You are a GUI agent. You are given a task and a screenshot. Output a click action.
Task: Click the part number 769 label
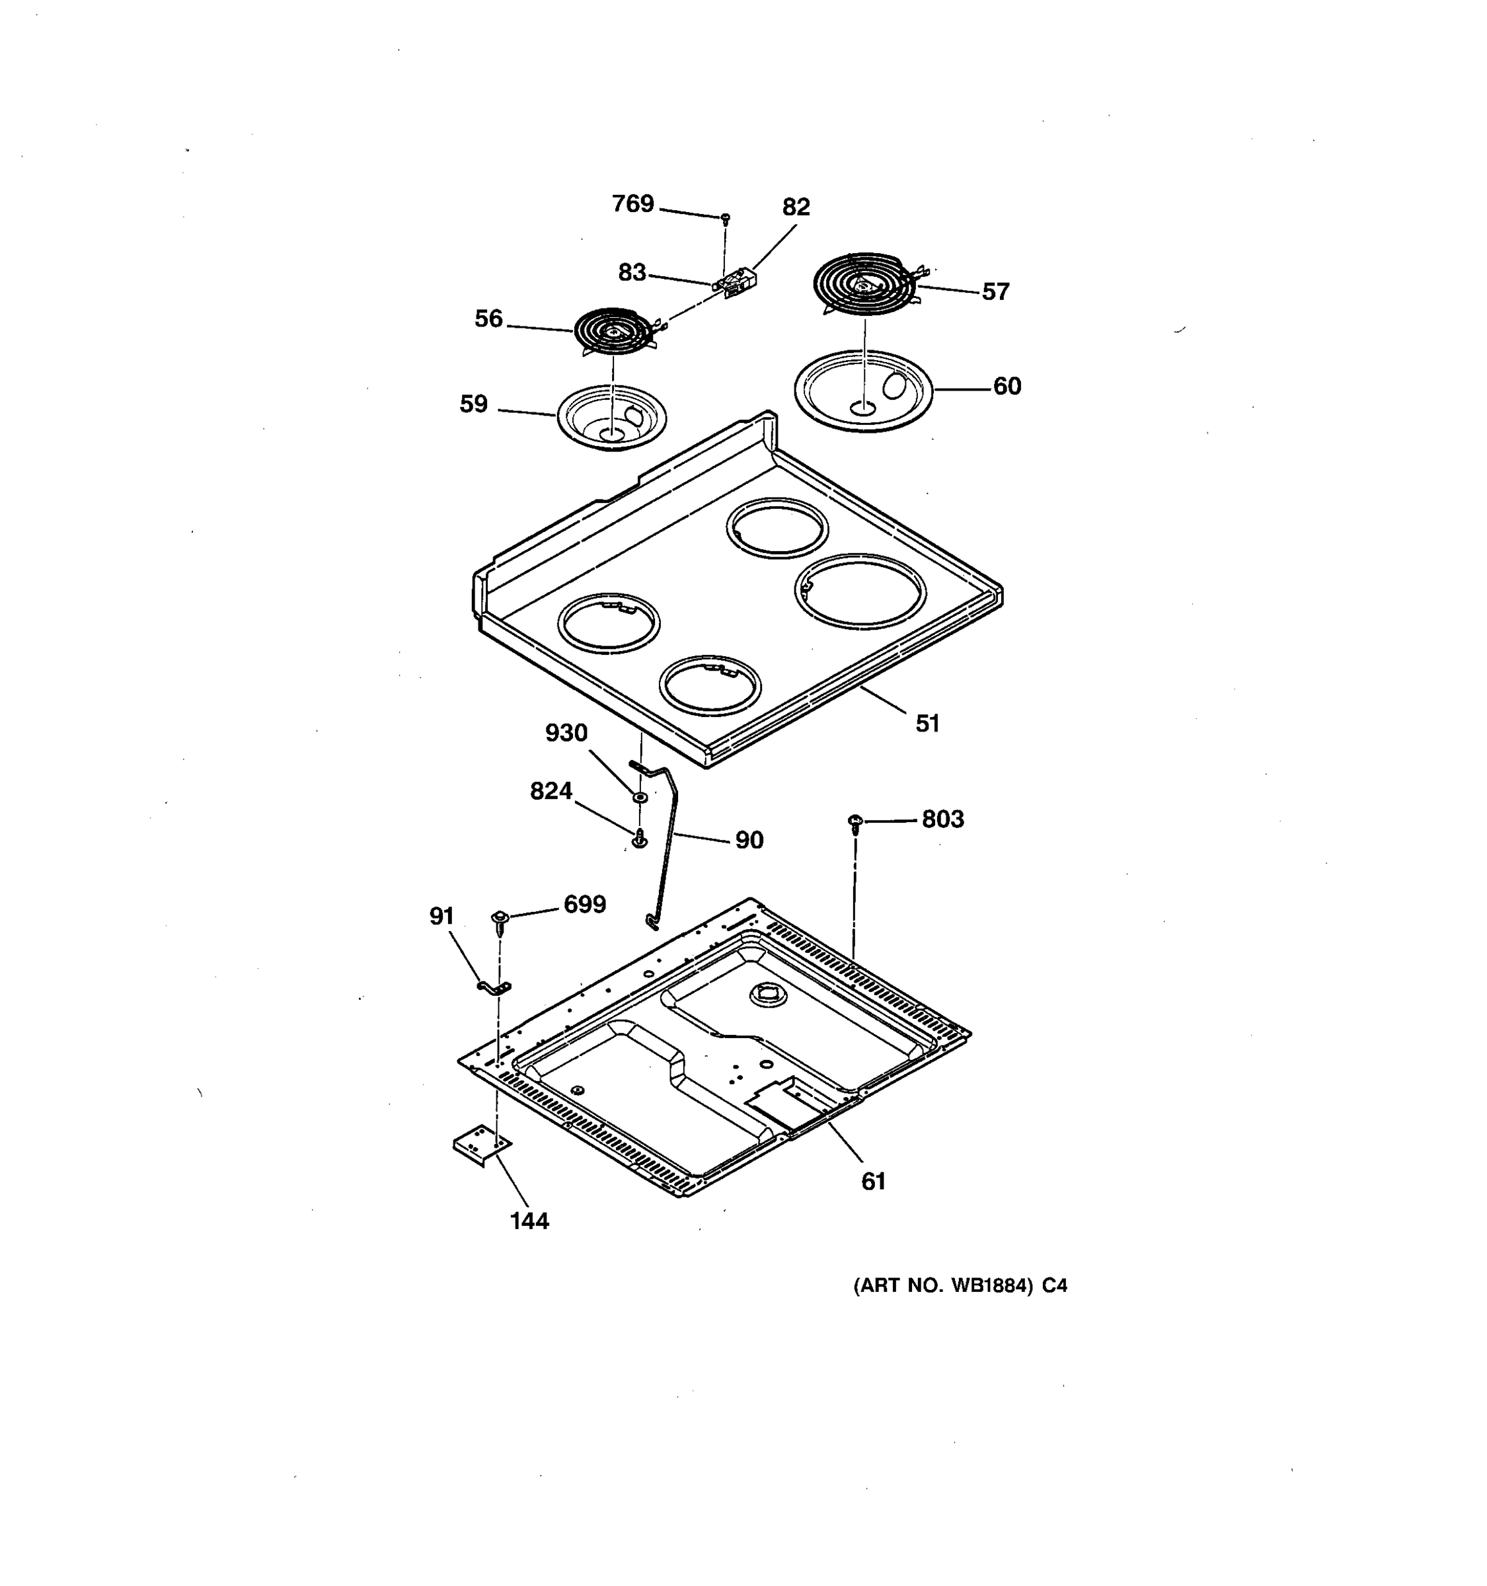pyautogui.click(x=632, y=204)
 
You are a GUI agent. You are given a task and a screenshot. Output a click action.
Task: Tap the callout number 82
pyautogui.click(x=795, y=208)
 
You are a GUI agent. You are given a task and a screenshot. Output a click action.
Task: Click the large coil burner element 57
pyautogui.click(x=864, y=284)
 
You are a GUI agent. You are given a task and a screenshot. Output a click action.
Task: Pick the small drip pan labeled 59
pyautogui.click(x=611, y=416)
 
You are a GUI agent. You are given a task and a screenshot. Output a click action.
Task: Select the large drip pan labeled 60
pyautogui.click(x=863, y=390)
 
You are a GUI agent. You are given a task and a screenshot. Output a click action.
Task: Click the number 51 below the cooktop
pyautogui.click(x=927, y=724)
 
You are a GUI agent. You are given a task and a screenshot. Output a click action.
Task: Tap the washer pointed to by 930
pyautogui.click(x=640, y=797)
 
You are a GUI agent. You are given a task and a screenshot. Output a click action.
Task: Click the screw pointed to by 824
pyautogui.click(x=639, y=839)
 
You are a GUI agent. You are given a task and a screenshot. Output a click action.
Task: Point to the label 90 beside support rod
pyautogui.click(x=748, y=840)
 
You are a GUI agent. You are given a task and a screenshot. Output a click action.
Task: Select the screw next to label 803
pyautogui.click(x=855, y=821)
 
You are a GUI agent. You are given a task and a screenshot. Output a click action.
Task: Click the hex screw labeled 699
pyautogui.click(x=500, y=921)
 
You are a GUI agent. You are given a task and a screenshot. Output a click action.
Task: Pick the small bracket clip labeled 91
pyautogui.click(x=494, y=989)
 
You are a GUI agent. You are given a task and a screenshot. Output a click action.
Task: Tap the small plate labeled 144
pyautogui.click(x=482, y=1146)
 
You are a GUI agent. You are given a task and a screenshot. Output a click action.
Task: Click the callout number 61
pyautogui.click(x=874, y=1182)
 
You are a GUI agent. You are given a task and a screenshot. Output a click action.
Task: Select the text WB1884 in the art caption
pyautogui.click(x=987, y=1286)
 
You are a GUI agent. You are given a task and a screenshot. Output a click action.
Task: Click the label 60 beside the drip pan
pyautogui.click(x=1007, y=386)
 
